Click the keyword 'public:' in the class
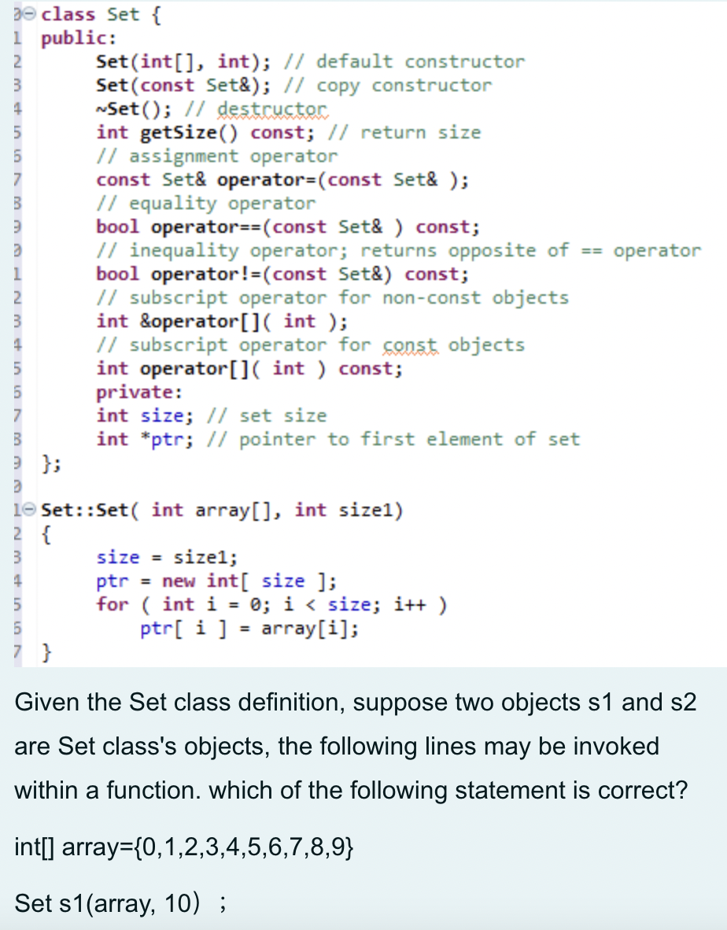(x=79, y=38)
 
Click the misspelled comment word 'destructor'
(x=271, y=109)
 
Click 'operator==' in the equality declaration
(x=205, y=227)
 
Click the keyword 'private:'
(x=138, y=392)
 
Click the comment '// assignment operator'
(x=216, y=156)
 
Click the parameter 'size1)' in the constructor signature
(x=371, y=510)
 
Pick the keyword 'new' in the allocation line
(x=180, y=581)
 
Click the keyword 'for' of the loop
(x=112, y=604)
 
